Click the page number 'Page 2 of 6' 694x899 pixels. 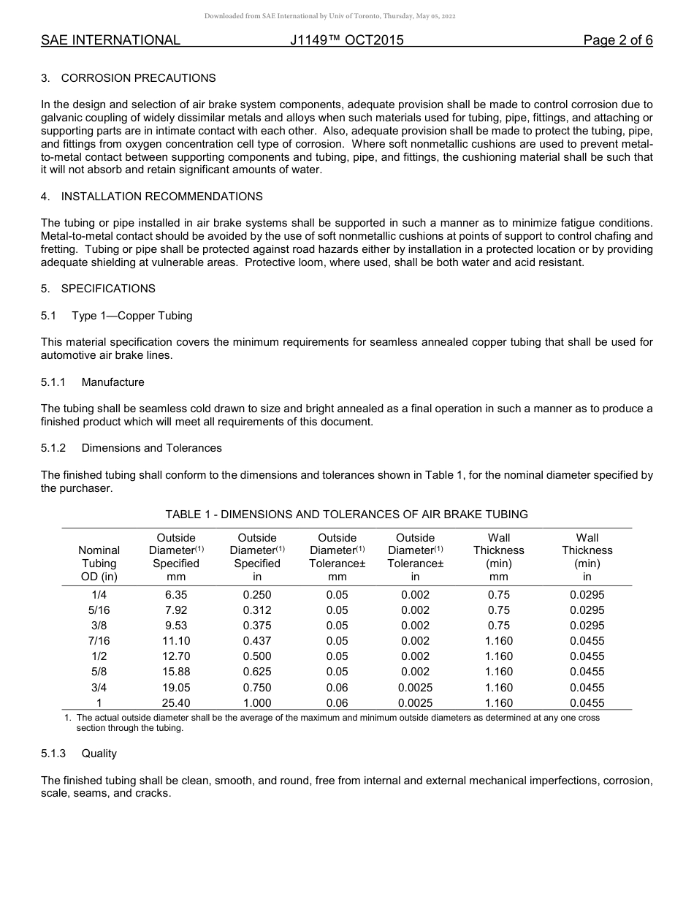point(617,40)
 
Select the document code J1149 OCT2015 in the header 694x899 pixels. point(346,40)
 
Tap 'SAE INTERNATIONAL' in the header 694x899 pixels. point(110,40)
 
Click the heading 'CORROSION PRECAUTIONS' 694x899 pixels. point(138,78)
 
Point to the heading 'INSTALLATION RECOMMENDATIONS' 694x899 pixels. point(161,197)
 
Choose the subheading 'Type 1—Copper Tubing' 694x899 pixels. point(132,316)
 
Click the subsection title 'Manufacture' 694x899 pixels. point(113,382)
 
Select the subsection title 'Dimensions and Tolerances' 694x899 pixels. point(151,448)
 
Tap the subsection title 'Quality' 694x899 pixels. point(99,754)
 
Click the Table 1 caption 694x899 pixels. point(346,515)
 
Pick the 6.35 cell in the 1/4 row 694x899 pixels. point(176,595)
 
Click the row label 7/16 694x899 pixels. point(99,641)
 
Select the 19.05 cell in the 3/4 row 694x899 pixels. point(176,688)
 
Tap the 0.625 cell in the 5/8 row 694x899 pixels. point(257,672)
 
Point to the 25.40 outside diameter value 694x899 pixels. point(176,703)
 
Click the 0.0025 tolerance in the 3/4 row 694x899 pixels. point(415,688)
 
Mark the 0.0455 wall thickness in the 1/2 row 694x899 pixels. point(587,656)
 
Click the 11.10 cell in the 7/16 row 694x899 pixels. point(176,641)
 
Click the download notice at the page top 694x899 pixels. point(329,16)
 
